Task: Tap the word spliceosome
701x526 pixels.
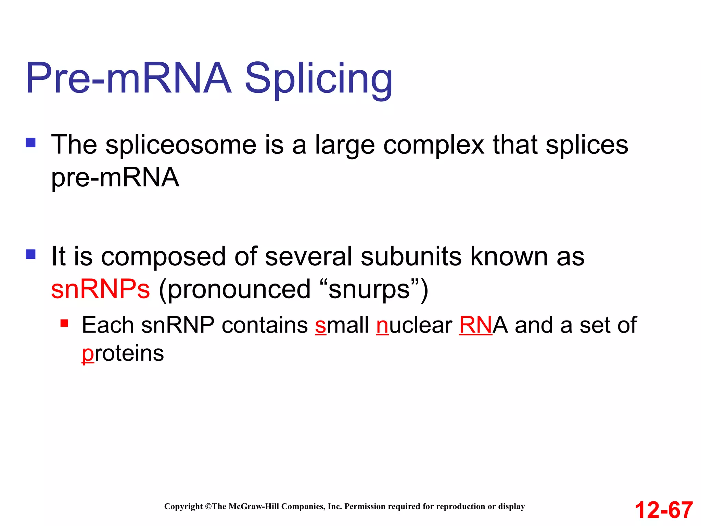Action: [x=181, y=145]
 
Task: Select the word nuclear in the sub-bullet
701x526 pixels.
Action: [x=414, y=325]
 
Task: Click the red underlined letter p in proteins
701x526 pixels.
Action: [x=87, y=354]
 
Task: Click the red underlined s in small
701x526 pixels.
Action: [x=321, y=326]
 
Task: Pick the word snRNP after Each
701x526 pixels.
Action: [x=178, y=325]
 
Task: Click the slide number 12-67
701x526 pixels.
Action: [x=664, y=510]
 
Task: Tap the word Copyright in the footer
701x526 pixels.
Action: [x=183, y=506]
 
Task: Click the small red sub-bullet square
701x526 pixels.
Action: [x=64, y=323]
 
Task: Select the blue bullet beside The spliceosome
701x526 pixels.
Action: [x=31, y=142]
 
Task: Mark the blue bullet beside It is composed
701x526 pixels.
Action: [x=31, y=254]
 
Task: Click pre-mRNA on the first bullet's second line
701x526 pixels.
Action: [x=115, y=178]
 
